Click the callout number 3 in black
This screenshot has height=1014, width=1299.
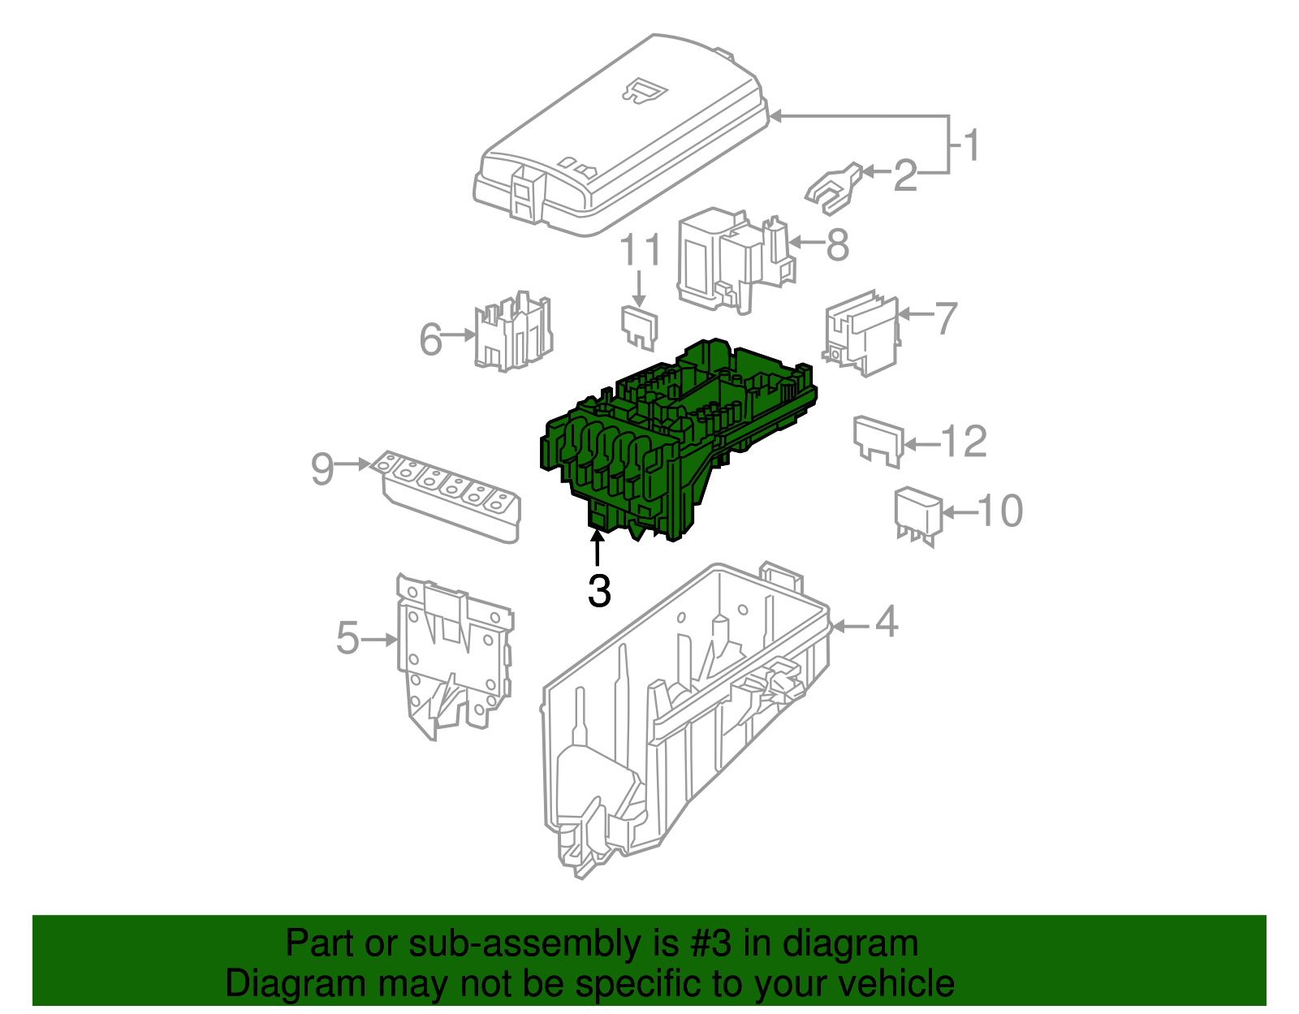click(x=599, y=591)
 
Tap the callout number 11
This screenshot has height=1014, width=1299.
click(x=641, y=251)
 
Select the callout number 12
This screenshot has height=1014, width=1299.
click(x=964, y=442)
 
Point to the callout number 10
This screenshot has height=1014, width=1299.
click(x=999, y=511)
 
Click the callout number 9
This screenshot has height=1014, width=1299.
click(x=322, y=468)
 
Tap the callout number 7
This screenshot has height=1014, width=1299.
click(x=946, y=318)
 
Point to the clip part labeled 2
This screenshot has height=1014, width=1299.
click(x=833, y=188)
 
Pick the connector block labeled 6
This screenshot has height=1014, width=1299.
click(x=513, y=333)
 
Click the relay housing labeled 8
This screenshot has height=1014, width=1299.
click(x=731, y=260)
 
